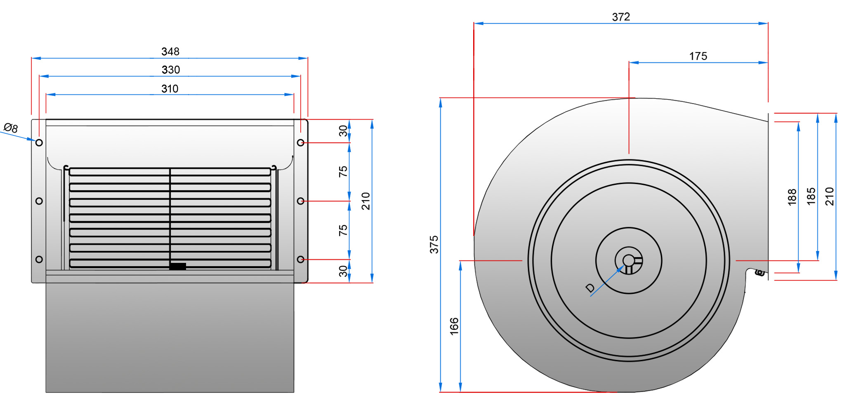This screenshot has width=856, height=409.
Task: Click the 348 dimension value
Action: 170,52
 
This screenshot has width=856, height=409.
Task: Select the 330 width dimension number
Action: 171,70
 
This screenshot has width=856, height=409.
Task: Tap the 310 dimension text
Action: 170,89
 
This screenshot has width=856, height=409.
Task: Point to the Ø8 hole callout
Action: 11,128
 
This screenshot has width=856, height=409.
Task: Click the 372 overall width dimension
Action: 621,17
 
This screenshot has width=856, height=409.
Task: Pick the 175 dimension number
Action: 698,56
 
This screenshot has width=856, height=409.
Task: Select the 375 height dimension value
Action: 434,244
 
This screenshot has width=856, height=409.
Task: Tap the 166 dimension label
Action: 454,326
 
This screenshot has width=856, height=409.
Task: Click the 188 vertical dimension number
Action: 792,197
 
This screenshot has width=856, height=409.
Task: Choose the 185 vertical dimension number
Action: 811,196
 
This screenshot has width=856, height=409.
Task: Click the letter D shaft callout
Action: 590,288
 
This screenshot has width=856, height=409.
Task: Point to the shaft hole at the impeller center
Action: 628,260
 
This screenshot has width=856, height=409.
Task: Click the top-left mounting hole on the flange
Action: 39,143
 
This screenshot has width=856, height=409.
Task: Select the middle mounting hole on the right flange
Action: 300,201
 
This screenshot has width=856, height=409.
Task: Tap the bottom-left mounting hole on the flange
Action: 39,259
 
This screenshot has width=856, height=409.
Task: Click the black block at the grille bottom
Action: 178,267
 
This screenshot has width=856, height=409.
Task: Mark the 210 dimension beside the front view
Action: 366,201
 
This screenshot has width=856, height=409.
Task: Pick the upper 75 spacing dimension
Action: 343,172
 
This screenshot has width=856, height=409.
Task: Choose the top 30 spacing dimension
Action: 343,131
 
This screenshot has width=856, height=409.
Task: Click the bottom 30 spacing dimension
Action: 343,271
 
